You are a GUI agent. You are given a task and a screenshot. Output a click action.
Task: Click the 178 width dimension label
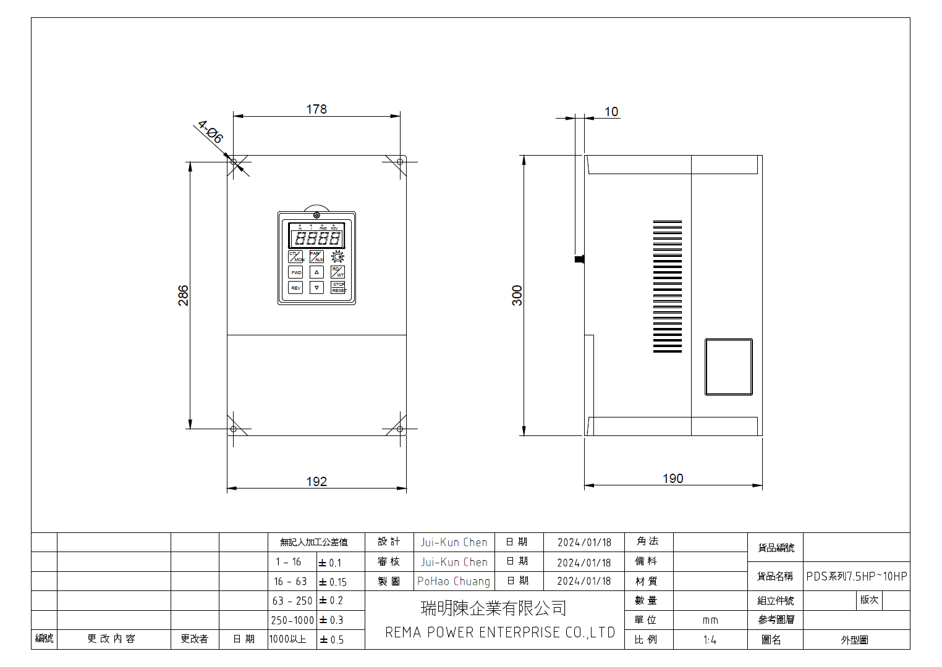tap(316, 109)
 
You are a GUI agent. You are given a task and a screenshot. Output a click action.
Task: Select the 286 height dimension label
tap(183, 295)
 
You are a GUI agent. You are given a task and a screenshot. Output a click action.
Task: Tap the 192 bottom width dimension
tap(316, 482)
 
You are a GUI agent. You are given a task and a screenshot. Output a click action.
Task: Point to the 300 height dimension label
tap(517, 295)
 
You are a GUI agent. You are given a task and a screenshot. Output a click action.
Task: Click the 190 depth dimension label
tap(673, 479)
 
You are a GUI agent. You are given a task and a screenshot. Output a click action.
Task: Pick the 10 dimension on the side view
tap(611, 112)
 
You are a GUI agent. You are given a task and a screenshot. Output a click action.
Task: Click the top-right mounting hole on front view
tap(400, 162)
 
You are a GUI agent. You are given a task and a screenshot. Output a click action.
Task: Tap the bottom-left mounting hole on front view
tap(234, 429)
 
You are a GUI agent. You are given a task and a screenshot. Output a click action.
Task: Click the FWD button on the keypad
tap(296, 272)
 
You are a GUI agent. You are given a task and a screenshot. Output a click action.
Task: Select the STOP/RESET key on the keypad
tap(338, 287)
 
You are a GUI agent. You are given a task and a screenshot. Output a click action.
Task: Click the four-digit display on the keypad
tap(317, 238)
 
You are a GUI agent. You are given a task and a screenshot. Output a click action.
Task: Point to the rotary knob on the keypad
tap(337, 256)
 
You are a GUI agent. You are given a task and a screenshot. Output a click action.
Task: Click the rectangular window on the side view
tap(729, 367)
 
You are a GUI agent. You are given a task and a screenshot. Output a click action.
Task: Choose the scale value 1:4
tap(710, 640)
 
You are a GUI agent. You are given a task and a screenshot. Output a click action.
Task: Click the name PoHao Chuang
tap(454, 581)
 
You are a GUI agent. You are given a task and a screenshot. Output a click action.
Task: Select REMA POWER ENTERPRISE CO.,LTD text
tap(500, 632)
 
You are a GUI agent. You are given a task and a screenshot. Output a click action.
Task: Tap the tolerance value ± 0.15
tap(333, 582)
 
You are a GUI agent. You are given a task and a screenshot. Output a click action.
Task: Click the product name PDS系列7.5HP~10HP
tap(856, 576)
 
